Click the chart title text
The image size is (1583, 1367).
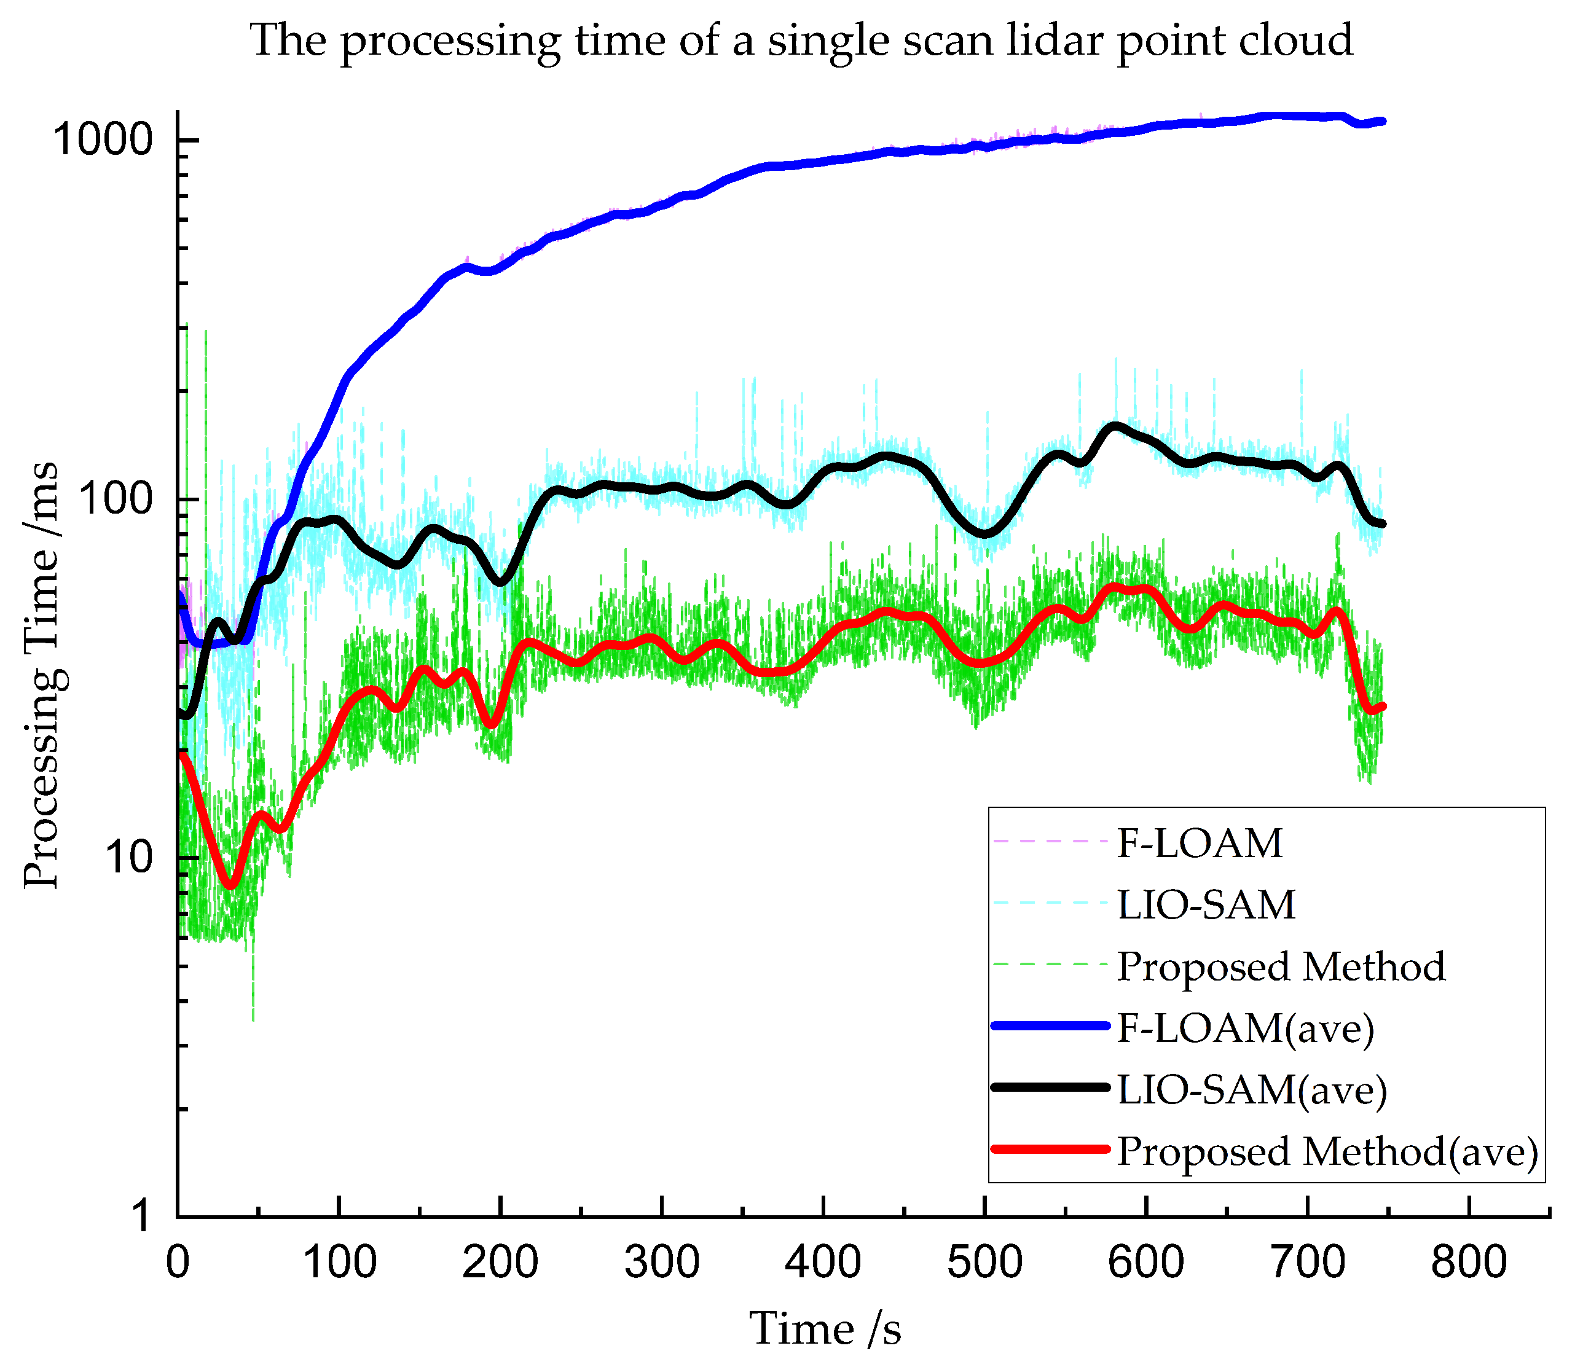coord(801,41)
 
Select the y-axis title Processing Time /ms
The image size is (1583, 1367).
coord(41,676)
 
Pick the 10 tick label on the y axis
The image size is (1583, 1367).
coord(129,858)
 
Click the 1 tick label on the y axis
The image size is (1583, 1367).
coord(141,1216)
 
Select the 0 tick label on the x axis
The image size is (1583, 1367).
coord(178,1263)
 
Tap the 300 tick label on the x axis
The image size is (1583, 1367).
coord(662,1263)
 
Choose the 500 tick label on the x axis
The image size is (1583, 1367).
coord(985,1263)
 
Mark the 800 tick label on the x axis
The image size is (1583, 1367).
coord(1469,1263)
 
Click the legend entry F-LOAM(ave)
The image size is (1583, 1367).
coord(1245,1028)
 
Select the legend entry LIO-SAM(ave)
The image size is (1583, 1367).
coord(1251,1090)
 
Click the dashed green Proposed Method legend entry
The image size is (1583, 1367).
coord(1281,967)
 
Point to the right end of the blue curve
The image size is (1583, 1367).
coord(1382,120)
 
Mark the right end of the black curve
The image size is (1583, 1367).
coord(1382,524)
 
